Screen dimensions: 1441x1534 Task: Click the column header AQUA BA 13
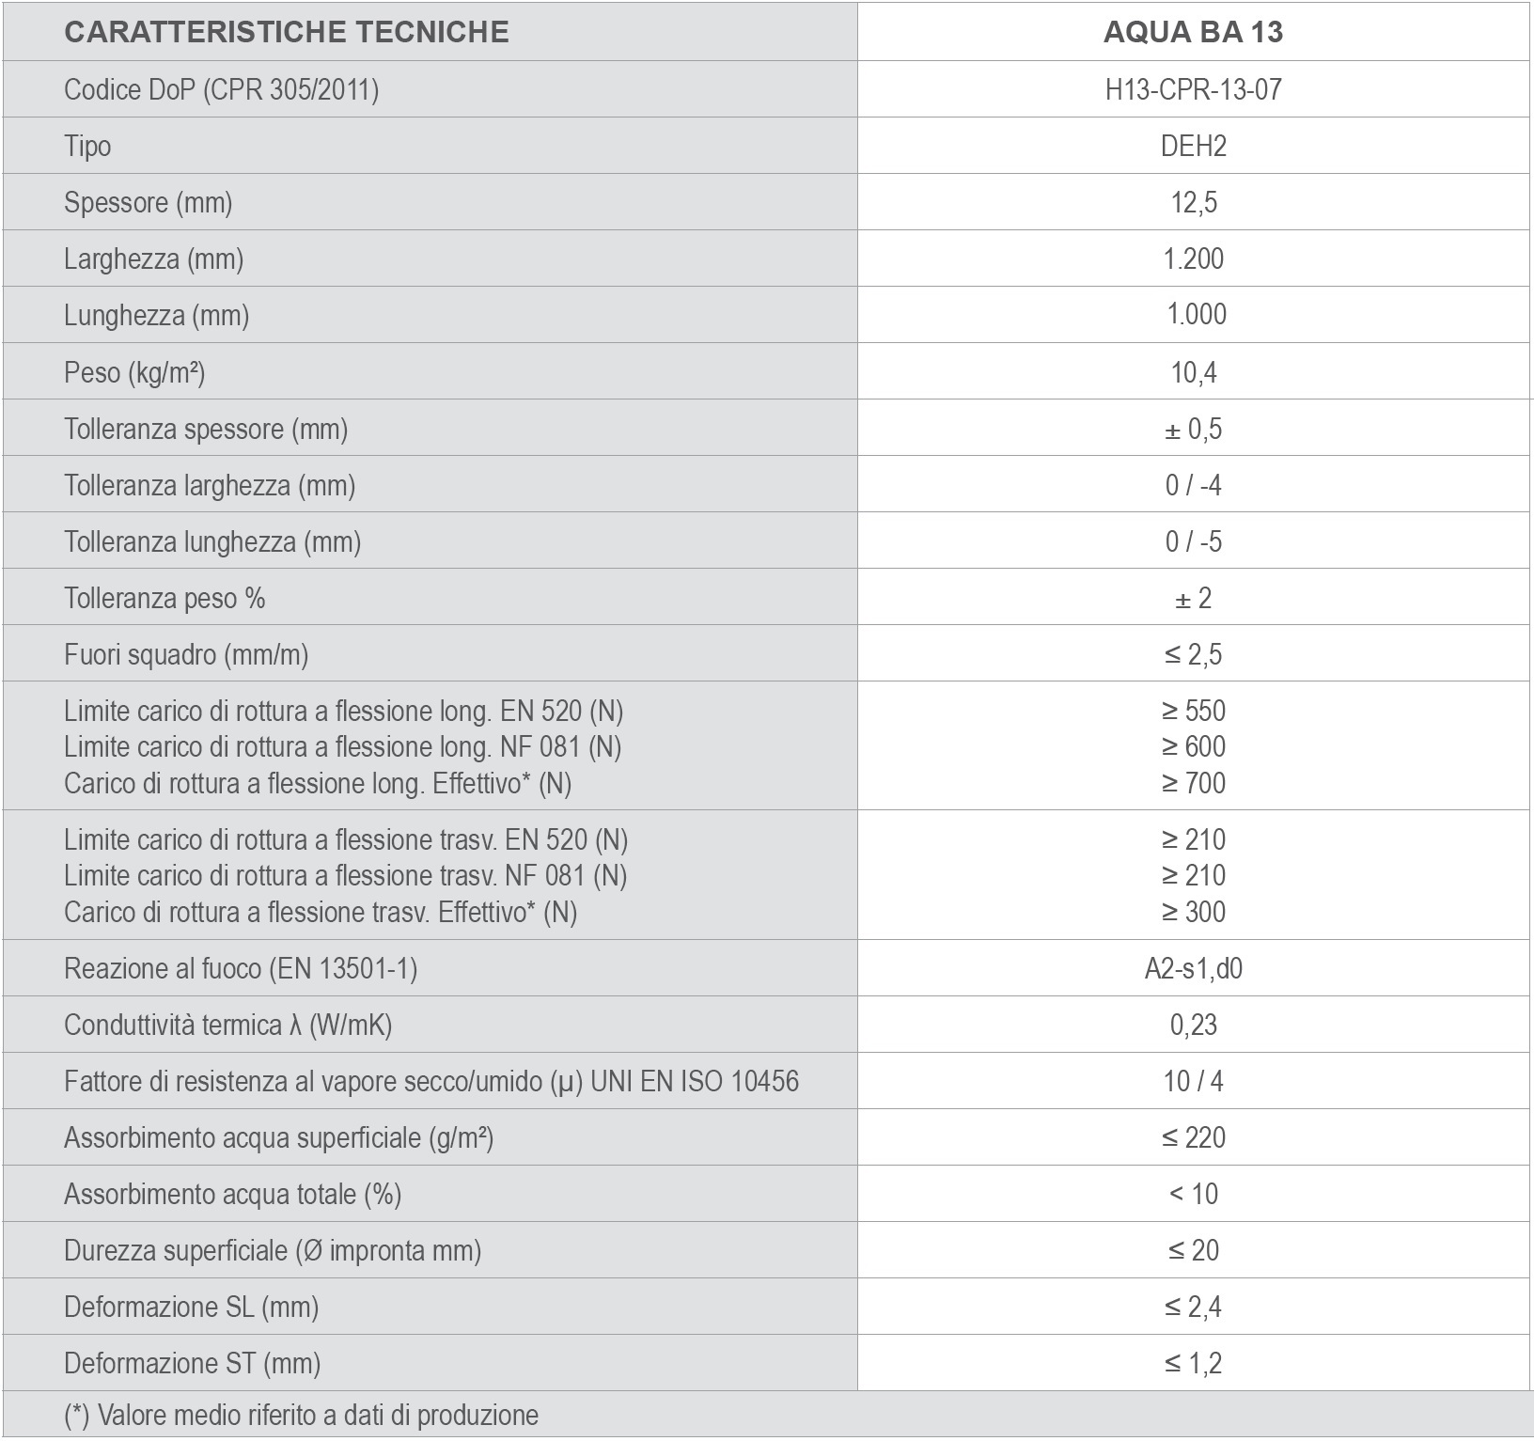(x=1193, y=32)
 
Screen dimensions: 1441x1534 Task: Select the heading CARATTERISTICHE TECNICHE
(x=286, y=32)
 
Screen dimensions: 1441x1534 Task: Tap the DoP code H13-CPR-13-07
(x=1193, y=89)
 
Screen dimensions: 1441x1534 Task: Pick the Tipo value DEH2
(x=1193, y=146)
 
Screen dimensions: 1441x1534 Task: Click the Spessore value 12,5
(x=1193, y=202)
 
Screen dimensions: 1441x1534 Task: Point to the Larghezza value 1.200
(x=1193, y=258)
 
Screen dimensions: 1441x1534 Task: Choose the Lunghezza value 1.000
(x=1196, y=314)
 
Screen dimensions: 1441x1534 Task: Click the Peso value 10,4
(x=1193, y=372)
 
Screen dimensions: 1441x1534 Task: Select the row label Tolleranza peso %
(x=164, y=598)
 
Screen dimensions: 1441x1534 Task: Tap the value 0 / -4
(x=1193, y=485)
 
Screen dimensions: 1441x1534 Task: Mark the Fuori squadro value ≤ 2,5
(x=1193, y=654)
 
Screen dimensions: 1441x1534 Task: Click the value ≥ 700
(x=1193, y=782)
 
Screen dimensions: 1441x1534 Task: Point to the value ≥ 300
(x=1193, y=911)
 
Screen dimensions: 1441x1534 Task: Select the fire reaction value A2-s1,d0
(x=1193, y=968)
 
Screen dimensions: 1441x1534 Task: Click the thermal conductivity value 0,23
(x=1193, y=1025)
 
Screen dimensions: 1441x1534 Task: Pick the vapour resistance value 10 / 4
(x=1193, y=1081)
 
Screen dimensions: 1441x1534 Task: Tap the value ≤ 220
(x=1193, y=1137)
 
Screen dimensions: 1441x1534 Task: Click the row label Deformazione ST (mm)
(x=192, y=1363)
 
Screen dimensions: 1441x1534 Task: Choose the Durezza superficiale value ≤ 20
(x=1193, y=1250)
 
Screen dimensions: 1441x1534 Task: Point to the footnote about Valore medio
(x=301, y=1416)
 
